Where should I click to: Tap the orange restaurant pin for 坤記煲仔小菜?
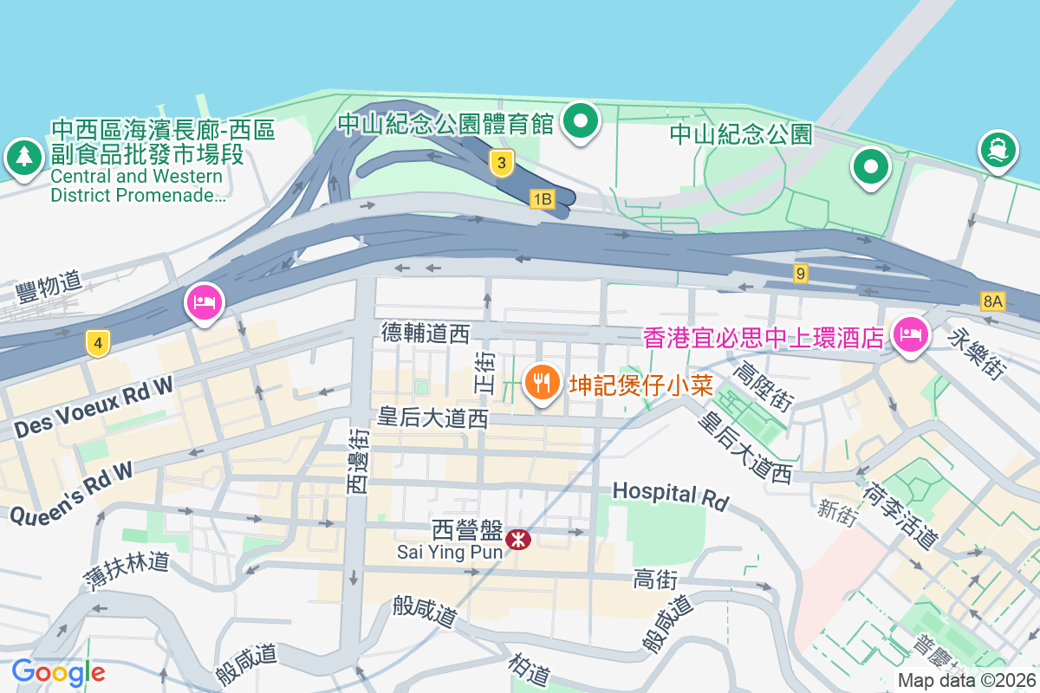pyautogui.click(x=542, y=382)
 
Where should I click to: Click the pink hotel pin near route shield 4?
pyautogui.click(x=204, y=303)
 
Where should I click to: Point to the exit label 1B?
pyautogui.click(x=543, y=200)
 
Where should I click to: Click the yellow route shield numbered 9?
pyautogui.click(x=800, y=274)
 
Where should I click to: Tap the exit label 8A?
pyautogui.click(x=993, y=301)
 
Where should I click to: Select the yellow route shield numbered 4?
pyautogui.click(x=98, y=344)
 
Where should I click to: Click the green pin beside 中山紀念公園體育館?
pyautogui.click(x=582, y=121)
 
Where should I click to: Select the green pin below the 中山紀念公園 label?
pyautogui.click(x=870, y=165)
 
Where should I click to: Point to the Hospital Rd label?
pyautogui.click(x=670, y=495)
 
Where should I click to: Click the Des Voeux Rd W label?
pyautogui.click(x=94, y=407)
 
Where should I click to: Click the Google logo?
pyautogui.click(x=58, y=671)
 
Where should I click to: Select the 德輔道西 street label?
pyautogui.click(x=425, y=333)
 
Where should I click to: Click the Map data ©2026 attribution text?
pyautogui.click(x=965, y=681)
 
